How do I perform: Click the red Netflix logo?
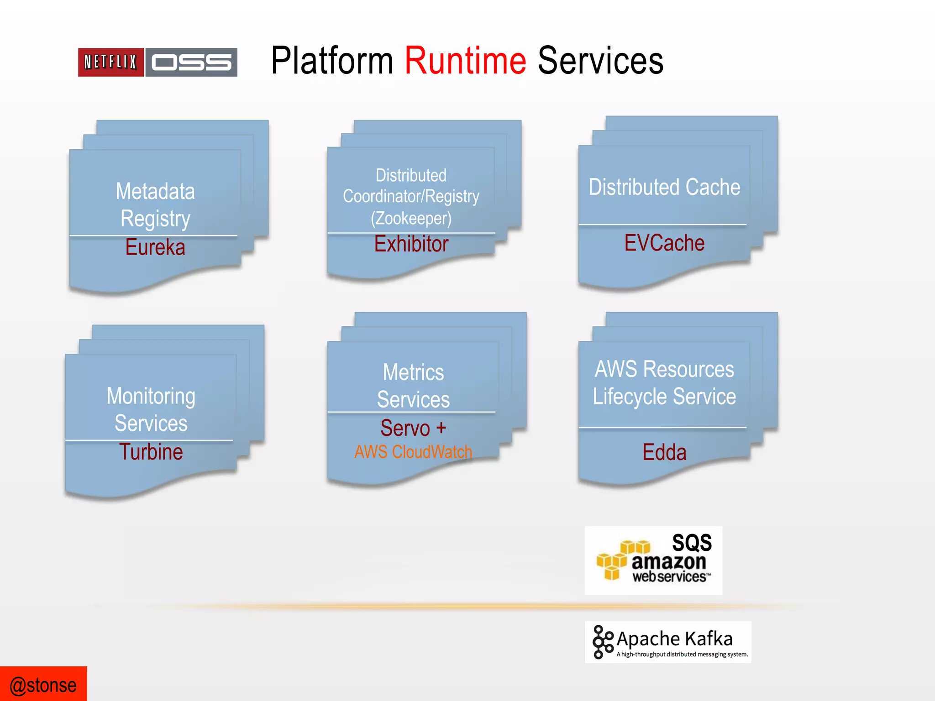point(111,62)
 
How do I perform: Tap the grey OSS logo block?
point(191,62)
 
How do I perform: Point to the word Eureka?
point(155,247)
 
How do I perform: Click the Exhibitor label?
point(411,244)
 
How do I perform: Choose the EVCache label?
point(664,243)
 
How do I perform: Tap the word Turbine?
point(151,452)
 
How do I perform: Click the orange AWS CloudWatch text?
point(413,452)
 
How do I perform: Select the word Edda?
point(664,452)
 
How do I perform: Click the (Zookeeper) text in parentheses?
point(411,218)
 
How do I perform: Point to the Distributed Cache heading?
point(664,187)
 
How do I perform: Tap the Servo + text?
point(413,428)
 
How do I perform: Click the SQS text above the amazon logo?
point(692,543)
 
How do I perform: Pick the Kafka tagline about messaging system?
point(682,654)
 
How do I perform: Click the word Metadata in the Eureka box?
point(155,191)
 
